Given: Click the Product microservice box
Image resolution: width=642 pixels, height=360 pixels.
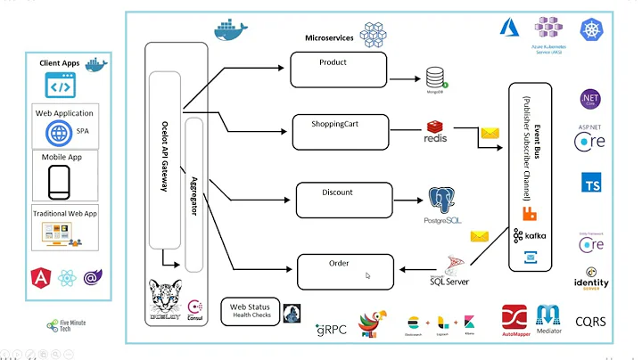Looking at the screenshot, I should coord(338,69).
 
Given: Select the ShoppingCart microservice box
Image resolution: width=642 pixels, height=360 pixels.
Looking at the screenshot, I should coord(341,131).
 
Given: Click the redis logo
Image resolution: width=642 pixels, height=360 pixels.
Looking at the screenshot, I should coord(435,134).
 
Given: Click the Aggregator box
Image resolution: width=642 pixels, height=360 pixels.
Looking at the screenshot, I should coord(194,192).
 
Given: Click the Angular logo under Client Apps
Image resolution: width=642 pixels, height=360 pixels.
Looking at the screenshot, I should coord(40,278).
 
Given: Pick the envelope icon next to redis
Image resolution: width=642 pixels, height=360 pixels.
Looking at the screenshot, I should coord(490,134).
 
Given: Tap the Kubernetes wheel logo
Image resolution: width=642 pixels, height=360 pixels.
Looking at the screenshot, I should coord(592,29).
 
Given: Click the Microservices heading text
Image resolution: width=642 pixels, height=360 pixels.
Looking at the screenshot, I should coord(329,38).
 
